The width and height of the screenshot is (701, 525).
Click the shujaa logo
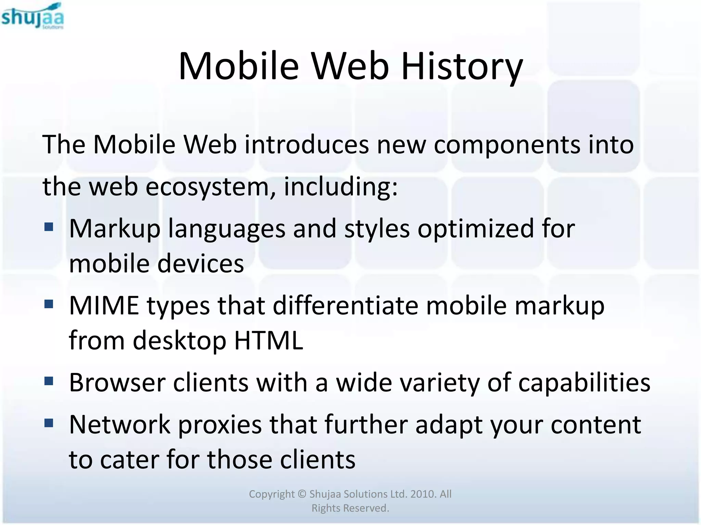(x=32, y=16)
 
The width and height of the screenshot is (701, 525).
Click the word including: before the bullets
(x=341, y=187)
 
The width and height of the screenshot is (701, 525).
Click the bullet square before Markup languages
(x=49, y=227)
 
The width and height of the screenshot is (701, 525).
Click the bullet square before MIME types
(x=49, y=304)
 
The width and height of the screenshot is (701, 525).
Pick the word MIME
(x=104, y=305)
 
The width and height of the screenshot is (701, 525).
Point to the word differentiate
(x=345, y=305)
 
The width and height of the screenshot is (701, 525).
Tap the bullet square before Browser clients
(x=49, y=381)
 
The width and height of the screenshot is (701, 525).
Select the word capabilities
(x=584, y=382)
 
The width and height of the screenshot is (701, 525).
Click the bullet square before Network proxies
(x=49, y=423)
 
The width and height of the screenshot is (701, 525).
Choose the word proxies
(x=220, y=425)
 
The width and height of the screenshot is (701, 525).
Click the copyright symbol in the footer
(x=302, y=494)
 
